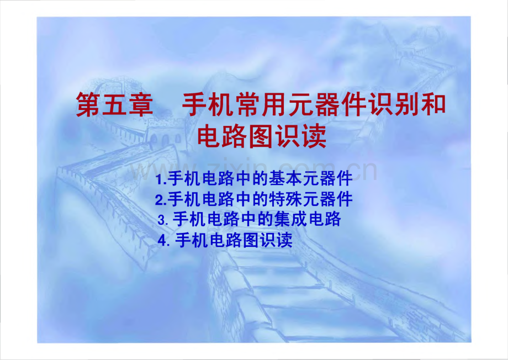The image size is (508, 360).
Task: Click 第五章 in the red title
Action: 114,105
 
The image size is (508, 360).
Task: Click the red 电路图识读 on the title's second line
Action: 262,136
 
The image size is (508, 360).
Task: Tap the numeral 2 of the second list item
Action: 158,199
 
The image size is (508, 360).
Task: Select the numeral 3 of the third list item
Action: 161,220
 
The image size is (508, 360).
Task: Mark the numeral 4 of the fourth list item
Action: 161,241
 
